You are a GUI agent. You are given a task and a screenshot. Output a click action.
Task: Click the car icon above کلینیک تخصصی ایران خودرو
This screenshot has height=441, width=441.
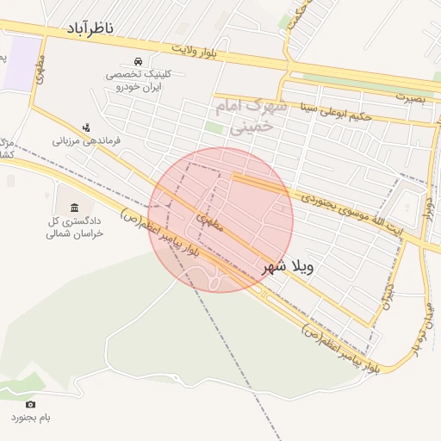[x=139, y=61]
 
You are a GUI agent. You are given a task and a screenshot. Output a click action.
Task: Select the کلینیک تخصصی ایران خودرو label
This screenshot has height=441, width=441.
[x=139, y=80]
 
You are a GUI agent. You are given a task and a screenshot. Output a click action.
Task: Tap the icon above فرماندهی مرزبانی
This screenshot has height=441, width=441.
[x=86, y=127]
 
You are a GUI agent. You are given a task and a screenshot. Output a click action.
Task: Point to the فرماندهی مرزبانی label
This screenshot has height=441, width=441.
[x=86, y=140]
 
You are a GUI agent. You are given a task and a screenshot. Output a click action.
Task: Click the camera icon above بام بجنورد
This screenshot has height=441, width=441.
[x=31, y=404]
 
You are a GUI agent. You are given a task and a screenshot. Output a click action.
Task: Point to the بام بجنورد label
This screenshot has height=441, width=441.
[x=31, y=418]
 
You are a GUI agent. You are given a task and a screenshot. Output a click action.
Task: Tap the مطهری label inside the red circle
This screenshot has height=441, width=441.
[x=209, y=220]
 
